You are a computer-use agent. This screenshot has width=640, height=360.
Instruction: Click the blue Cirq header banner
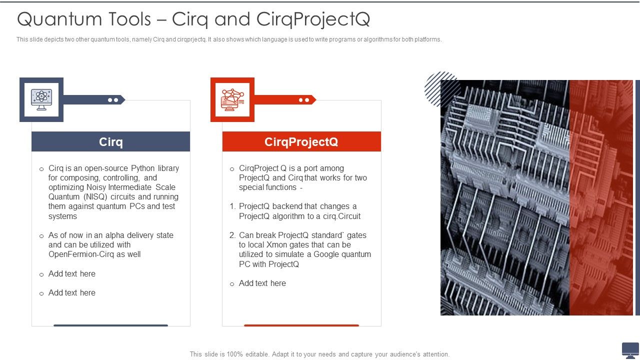click(x=110, y=141)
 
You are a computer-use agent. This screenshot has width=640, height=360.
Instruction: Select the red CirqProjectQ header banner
click(x=301, y=141)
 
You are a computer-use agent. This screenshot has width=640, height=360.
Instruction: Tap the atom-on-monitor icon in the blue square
click(x=41, y=99)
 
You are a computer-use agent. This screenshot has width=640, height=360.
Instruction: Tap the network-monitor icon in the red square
click(x=232, y=99)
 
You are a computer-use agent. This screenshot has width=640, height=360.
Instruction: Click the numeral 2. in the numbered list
click(x=232, y=235)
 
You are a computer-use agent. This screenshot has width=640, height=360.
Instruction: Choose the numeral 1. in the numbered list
click(x=232, y=206)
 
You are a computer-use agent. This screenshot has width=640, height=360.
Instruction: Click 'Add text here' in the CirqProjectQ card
click(x=262, y=283)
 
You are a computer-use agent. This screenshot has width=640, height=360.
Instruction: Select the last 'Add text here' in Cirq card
click(x=72, y=293)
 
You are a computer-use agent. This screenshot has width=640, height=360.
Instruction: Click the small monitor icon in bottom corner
click(x=630, y=349)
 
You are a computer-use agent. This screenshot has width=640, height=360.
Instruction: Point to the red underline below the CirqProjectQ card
click(x=301, y=325)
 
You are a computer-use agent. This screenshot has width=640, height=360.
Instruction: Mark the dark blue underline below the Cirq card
click(x=110, y=325)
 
